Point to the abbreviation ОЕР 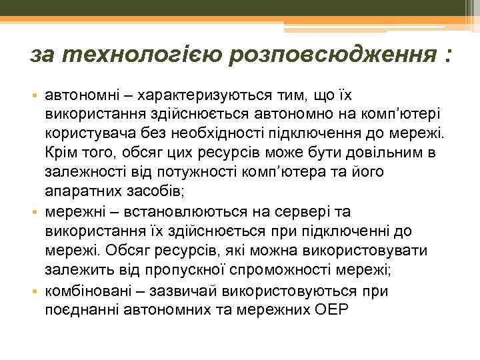pyautogui.click(x=334, y=310)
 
